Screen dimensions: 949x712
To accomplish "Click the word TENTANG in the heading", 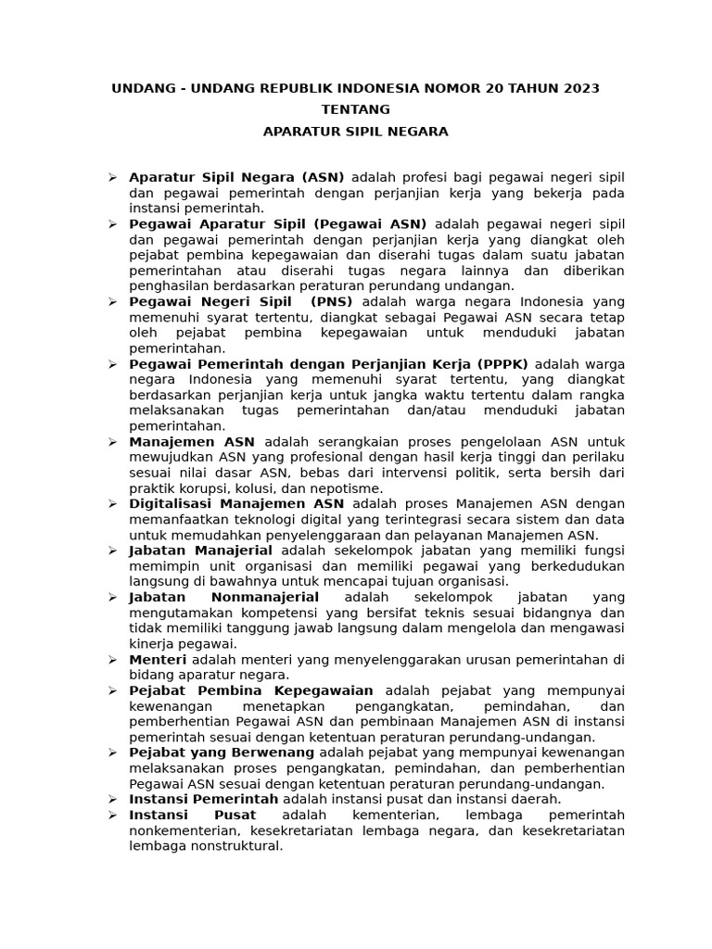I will coord(355,109).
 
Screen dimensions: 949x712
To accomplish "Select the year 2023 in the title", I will coord(578,88).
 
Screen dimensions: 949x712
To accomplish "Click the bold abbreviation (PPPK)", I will coord(502,363).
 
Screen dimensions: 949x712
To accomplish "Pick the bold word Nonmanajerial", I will coord(265,597).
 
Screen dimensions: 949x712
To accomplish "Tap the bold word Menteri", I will coord(158,659).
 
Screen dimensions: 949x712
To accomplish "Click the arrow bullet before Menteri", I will coord(111,659).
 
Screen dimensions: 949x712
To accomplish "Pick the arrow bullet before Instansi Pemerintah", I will coord(111,799).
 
